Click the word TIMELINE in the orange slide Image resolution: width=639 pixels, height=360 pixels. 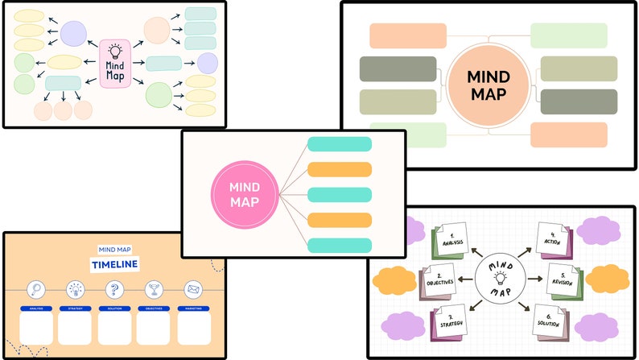pyautogui.click(x=114, y=265)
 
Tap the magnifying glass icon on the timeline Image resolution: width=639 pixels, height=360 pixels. pyautogui.click(x=35, y=290)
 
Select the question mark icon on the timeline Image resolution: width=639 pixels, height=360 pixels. pyautogui.click(x=114, y=290)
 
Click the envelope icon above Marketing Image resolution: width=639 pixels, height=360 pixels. pyautogui.click(x=193, y=290)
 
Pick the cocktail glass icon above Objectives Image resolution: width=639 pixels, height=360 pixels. pyautogui.click(x=153, y=290)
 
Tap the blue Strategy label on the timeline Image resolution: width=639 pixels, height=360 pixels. pyautogui.click(x=75, y=308)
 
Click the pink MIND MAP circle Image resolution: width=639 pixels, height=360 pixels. pyautogui.click(x=244, y=194)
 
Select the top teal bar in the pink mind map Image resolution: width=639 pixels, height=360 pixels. pyautogui.click(x=340, y=144)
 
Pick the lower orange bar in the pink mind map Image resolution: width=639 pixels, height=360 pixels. pyautogui.click(x=340, y=220)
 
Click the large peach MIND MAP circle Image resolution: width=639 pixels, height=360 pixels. pyautogui.click(x=489, y=85)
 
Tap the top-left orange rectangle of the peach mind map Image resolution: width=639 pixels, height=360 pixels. pyautogui.click(x=408, y=36)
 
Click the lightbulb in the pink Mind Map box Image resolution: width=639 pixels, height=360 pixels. pyautogui.click(x=114, y=51)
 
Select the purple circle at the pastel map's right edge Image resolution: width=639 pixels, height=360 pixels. pyautogui.click(x=208, y=63)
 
